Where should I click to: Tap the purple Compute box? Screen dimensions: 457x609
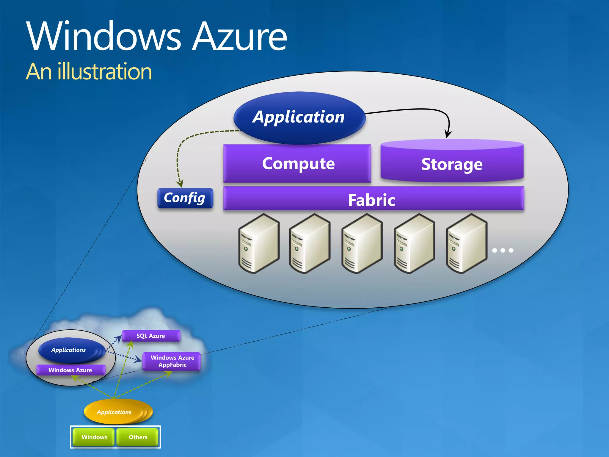(297, 164)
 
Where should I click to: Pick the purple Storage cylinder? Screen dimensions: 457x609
(452, 164)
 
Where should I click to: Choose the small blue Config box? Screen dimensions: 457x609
(185, 198)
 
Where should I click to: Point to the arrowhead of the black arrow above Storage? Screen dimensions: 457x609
(448, 134)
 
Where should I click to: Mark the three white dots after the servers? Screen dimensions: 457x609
(503, 251)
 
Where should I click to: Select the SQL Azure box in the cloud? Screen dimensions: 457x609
(151, 336)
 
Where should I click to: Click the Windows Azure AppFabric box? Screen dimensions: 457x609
(172, 361)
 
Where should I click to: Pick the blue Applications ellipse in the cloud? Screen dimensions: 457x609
(69, 350)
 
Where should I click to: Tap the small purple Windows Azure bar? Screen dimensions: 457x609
(70, 370)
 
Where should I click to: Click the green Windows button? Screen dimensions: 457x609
(94, 437)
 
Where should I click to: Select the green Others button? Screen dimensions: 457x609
(138, 437)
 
